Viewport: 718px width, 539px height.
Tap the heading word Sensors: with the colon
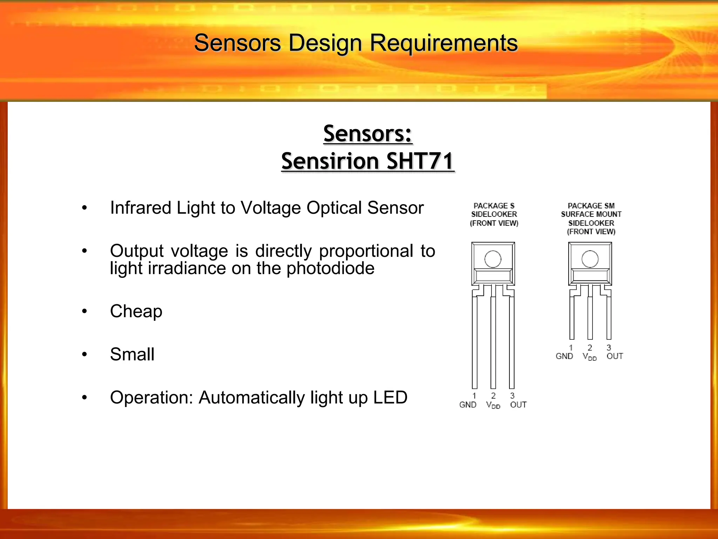click(x=367, y=134)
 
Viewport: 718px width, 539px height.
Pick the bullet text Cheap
click(x=136, y=311)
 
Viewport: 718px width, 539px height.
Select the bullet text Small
click(x=132, y=354)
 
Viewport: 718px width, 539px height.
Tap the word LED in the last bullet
click(x=390, y=398)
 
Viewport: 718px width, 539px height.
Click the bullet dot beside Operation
click(x=84, y=398)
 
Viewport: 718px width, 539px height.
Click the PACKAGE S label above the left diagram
click(x=494, y=206)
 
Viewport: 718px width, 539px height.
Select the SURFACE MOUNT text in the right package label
click(x=591, y=214)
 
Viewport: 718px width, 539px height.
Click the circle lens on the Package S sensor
click(x=493, y=259)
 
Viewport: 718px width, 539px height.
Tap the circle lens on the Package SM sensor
click(x=590, y=259)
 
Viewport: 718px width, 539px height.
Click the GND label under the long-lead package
click(x=468, y=405)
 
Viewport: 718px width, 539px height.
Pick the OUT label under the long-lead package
click(x=518, y=405)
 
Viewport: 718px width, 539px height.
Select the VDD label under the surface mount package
click(x=589, y=357)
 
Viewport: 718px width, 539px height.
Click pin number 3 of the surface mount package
click(x=609, y=347)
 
